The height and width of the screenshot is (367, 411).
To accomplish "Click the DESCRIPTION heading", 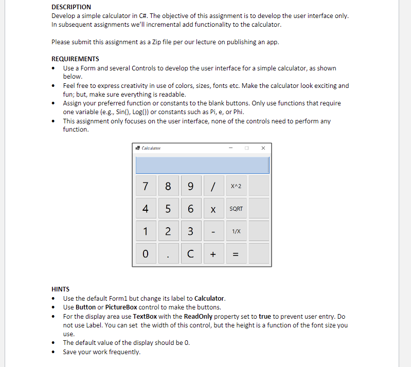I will pos(72,7).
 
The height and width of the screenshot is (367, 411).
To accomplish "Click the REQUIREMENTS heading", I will pos(76,59).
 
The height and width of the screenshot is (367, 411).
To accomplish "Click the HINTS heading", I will pos(61,289).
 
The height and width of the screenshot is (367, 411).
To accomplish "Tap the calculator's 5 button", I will pos(168,209).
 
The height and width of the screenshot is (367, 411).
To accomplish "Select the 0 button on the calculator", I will pos(146,253).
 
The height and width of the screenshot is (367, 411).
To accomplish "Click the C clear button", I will pos(191,253).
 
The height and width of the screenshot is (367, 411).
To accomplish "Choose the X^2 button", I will pos(237,186).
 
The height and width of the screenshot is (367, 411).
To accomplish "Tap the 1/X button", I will pos(237,231).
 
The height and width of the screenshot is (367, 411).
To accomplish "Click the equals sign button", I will pos(237,253).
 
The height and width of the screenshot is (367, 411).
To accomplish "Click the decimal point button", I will pos(168,253).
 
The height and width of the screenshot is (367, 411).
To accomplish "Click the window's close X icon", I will pos(263,148).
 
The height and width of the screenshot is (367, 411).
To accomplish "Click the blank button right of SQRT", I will pos(259,209).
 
